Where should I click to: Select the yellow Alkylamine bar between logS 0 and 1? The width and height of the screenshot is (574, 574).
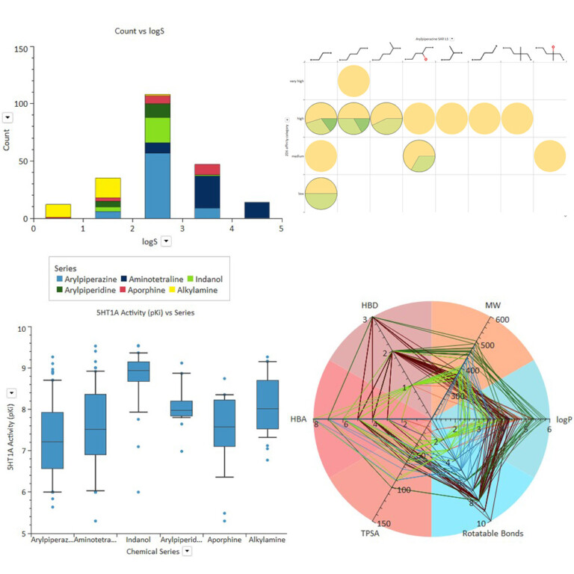click(58, 210)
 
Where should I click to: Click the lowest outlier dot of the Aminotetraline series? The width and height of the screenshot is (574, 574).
click(94, 521)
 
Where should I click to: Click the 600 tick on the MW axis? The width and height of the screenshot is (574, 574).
click(502, 319)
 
